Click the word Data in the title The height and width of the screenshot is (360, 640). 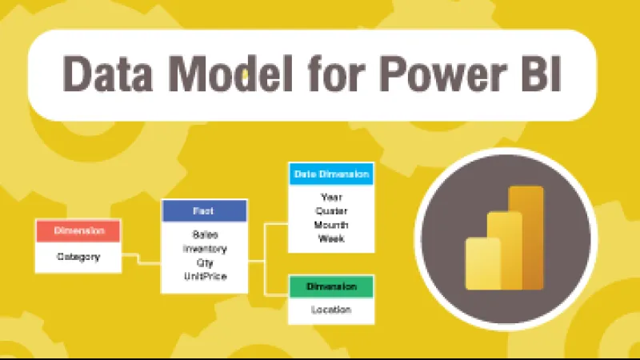[x=107, y=74]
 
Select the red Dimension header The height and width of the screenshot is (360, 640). [x=78, y=230]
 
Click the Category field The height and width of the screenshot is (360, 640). [x=78, y=257]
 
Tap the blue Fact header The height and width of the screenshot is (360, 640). [x=204, y=210]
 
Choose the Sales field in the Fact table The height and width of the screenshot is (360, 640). [x=204, y=235]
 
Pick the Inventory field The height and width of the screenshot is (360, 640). [x=204, y=249]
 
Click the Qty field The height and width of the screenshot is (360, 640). [x=204, y=262]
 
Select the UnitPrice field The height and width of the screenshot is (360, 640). [x=204, y=276]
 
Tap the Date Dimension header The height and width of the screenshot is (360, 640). [x=330, y=173]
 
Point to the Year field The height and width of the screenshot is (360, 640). [x=330, y=197]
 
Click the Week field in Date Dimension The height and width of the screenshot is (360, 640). [x=330, y=238]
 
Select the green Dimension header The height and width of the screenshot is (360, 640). [x=330, y=286]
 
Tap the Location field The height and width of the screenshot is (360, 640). [x=330, y=310]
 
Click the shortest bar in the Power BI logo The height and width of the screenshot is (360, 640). [x=482, y=263]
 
